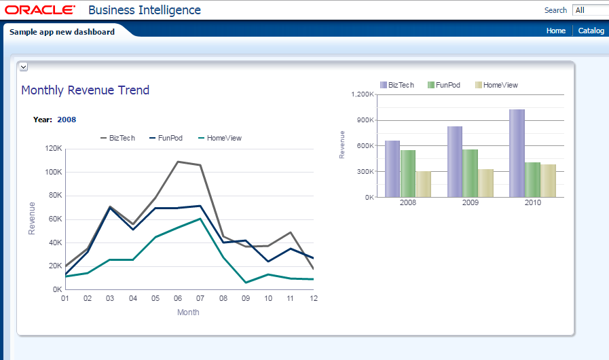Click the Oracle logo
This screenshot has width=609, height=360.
(40, 10)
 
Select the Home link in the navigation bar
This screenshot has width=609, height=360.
(555, 31)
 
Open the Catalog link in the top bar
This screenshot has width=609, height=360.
(591, 31)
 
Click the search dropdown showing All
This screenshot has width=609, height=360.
(590, 10)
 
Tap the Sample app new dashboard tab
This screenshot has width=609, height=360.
(62, 31)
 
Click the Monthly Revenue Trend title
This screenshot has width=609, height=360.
(86, 90)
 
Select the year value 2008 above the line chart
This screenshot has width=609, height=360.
(67, 120)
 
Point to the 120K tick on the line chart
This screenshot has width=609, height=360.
(54, 149)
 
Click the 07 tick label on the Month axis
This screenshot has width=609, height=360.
(201, 298)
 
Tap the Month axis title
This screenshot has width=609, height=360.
(188, 312)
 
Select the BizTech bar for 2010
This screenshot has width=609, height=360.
(517, 153)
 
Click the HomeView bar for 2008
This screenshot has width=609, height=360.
(424, 184)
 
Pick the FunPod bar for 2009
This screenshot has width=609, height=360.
(470, 173)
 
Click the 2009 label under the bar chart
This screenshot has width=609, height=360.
(470, 202)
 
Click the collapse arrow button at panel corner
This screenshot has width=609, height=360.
(23, 67)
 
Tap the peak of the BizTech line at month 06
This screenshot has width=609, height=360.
(178, 162)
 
